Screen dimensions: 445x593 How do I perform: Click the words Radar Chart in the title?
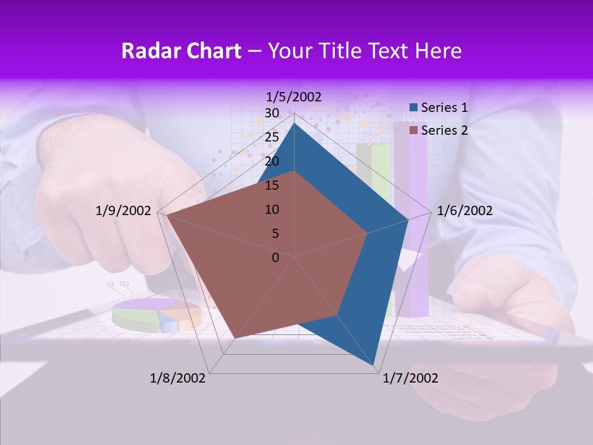[181, 51]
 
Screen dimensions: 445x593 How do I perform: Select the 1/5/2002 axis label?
[293, 96]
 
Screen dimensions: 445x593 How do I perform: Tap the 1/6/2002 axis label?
[465, 211]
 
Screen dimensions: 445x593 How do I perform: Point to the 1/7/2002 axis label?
[410, 378]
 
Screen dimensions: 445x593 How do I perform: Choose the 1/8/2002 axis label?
[178, 378]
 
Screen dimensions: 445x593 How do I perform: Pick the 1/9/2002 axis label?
[124, 211]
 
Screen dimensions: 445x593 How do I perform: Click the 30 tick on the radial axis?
[272, 113]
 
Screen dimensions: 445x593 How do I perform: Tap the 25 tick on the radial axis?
[272, 137]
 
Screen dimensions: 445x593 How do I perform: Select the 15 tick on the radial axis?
[272, 185]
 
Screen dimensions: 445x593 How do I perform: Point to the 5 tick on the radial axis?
[275, 234]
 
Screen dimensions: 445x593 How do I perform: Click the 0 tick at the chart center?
[275, 258]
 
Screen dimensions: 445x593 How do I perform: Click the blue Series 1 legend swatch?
[413, 108]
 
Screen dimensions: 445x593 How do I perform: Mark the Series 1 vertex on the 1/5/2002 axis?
[294, 124]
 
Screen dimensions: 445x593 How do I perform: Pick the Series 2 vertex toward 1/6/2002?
[367, 234]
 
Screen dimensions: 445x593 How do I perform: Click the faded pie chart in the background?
[157, 314]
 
